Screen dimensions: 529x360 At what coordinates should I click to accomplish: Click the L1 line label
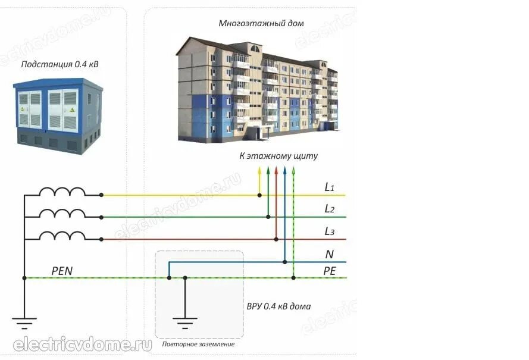pos(329,187)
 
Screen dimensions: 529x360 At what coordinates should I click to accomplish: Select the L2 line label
pos(329,209)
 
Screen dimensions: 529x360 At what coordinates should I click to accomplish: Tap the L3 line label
pos(329,231)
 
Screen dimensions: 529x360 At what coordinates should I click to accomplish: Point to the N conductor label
pos(329,254)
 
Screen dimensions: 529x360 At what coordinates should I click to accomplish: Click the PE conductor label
pos(330,271)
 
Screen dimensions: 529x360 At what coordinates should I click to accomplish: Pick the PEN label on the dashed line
pos(62,271)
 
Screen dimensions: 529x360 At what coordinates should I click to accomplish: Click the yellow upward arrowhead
pos(259,170)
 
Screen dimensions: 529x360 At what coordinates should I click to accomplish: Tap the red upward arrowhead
pos(276,170)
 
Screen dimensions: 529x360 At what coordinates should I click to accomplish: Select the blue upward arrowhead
pos(285,170)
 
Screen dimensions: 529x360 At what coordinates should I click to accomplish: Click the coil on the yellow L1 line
pos(62,191)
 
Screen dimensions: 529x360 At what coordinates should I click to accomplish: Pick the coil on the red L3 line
pos(62,235)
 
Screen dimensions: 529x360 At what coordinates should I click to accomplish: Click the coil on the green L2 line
pos(62,213)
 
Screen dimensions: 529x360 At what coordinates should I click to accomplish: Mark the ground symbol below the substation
pos(24,324)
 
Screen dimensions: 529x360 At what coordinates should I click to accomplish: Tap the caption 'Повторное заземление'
pos(198,345)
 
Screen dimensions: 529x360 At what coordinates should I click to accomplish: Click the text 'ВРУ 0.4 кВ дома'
pos(278,307)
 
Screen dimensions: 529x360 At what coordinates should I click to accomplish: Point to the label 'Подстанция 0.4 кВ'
pos(60,64)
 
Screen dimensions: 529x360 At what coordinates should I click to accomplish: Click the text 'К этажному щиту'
pos(278,156)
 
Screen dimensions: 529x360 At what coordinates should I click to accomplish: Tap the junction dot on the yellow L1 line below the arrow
pos(259,195)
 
